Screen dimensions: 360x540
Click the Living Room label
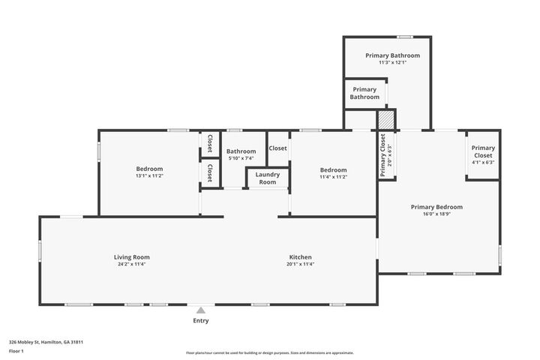(x=132, y=257)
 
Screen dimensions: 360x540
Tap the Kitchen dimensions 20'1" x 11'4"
(x=299, y=264)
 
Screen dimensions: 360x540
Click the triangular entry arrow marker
(x=200, y=309)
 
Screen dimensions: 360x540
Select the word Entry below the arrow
(x=200, y=320)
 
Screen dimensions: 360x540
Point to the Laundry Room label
(x=268, y=178)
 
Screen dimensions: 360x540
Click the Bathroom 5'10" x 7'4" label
(x=241, y=154)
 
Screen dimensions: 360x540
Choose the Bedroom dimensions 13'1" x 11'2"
(x=149, y=176)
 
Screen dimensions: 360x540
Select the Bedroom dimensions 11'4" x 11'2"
(x=333, y=177)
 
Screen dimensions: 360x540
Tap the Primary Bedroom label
(x=436, y=207)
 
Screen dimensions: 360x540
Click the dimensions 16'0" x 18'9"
(x=436, y=214)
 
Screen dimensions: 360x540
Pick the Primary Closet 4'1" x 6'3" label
(x=483, y=154)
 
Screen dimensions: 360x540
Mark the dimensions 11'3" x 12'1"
(x=392, y=62)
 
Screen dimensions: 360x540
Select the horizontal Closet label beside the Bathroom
(x=277, y=148)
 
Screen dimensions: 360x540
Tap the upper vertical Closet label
(x=209, y=142)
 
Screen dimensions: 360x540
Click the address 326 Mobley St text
(x=45, y=341)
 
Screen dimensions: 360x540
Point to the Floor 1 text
(x=16, y=350)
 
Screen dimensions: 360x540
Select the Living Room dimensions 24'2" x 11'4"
(x=132, y=264)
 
